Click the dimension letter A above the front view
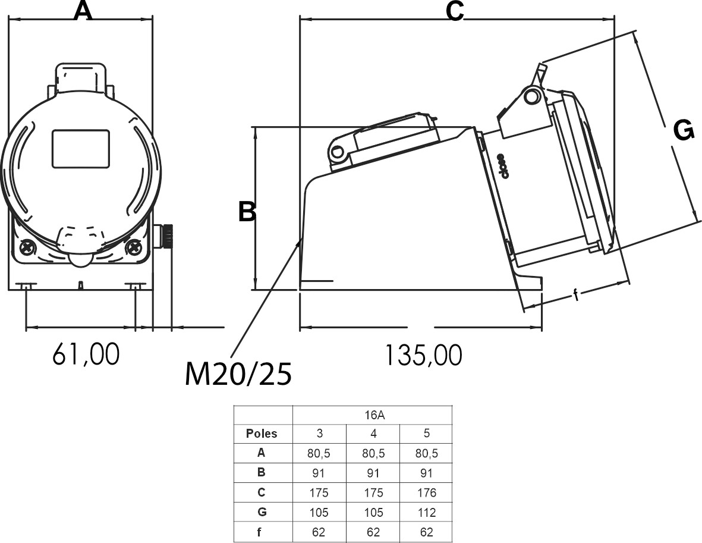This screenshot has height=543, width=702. pyautogui.click(x=83, y=11)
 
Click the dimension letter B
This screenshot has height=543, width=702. pyautogui.click(x=247, y=212)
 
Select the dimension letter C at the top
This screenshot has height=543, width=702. pyautogui.click(x=455, y=11)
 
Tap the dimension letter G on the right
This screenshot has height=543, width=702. pyautogui.click(x=684, y=130)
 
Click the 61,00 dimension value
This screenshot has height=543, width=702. pyautogui.click(x=86, y=354)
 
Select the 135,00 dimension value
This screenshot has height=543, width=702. pyautogui.click(x=423, y=356)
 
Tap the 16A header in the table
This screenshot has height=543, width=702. pyautogui.click(x=373, y=415)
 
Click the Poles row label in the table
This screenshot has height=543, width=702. pyautogui.click(x=262, y=434)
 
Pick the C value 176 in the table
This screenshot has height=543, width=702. pyautogui.click(x=426, y=492)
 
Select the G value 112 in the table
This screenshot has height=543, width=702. pyautogui.click(x=426, y=512)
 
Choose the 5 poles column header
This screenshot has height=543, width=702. pyautogui.click(x=426, y=434)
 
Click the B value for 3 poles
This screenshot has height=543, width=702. pyautogui.click(x=319, y=473)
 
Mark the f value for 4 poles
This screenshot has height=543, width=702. pyautogui.click(x=373, y=532)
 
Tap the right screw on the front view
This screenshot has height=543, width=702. pyautogui.click(x=134, y=246)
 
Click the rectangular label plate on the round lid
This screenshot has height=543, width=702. pyautogui.click(x=81, y=149)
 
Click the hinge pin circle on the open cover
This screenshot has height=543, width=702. pyautogui.click(x=533, y=95)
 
